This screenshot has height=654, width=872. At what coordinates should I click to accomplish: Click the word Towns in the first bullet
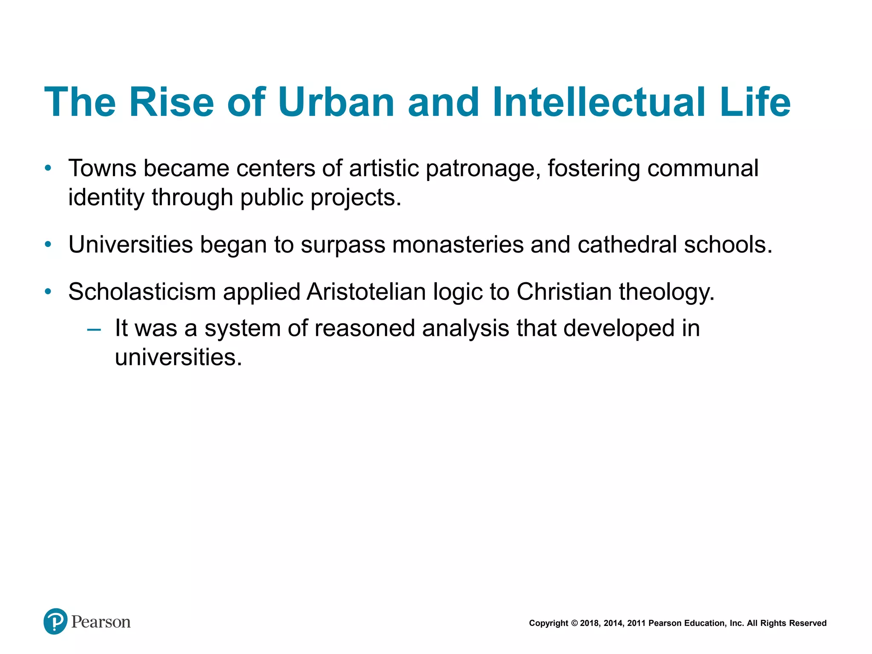pyautogui.click(x=102, y=168)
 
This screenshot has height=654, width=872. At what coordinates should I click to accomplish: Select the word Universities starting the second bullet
pyautogui.click(x=131, y=245)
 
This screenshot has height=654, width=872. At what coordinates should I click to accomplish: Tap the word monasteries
pyautogui.click(x=458, y=245)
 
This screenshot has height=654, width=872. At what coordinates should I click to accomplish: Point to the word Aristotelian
pyautogui.click(x=366, y=292)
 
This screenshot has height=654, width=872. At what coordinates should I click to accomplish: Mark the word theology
pyautogui.click(x=666, y=293)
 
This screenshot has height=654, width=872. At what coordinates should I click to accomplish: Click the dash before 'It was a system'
pyautogui.click(x=94, y=329)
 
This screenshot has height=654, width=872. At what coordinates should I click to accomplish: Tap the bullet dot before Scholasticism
pyautogui.click(x=48, y=292)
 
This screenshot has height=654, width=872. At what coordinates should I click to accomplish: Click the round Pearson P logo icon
pyautogui.click(x=55, y=621)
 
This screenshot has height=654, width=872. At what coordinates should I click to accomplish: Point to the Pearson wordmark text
pyautogui.click(x=101, y=622)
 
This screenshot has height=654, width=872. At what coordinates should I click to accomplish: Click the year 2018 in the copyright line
pyautogui.click(x=590, y=623)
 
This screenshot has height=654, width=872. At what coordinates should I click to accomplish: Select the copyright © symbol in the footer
pyautogui.click(x=574, y=623)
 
